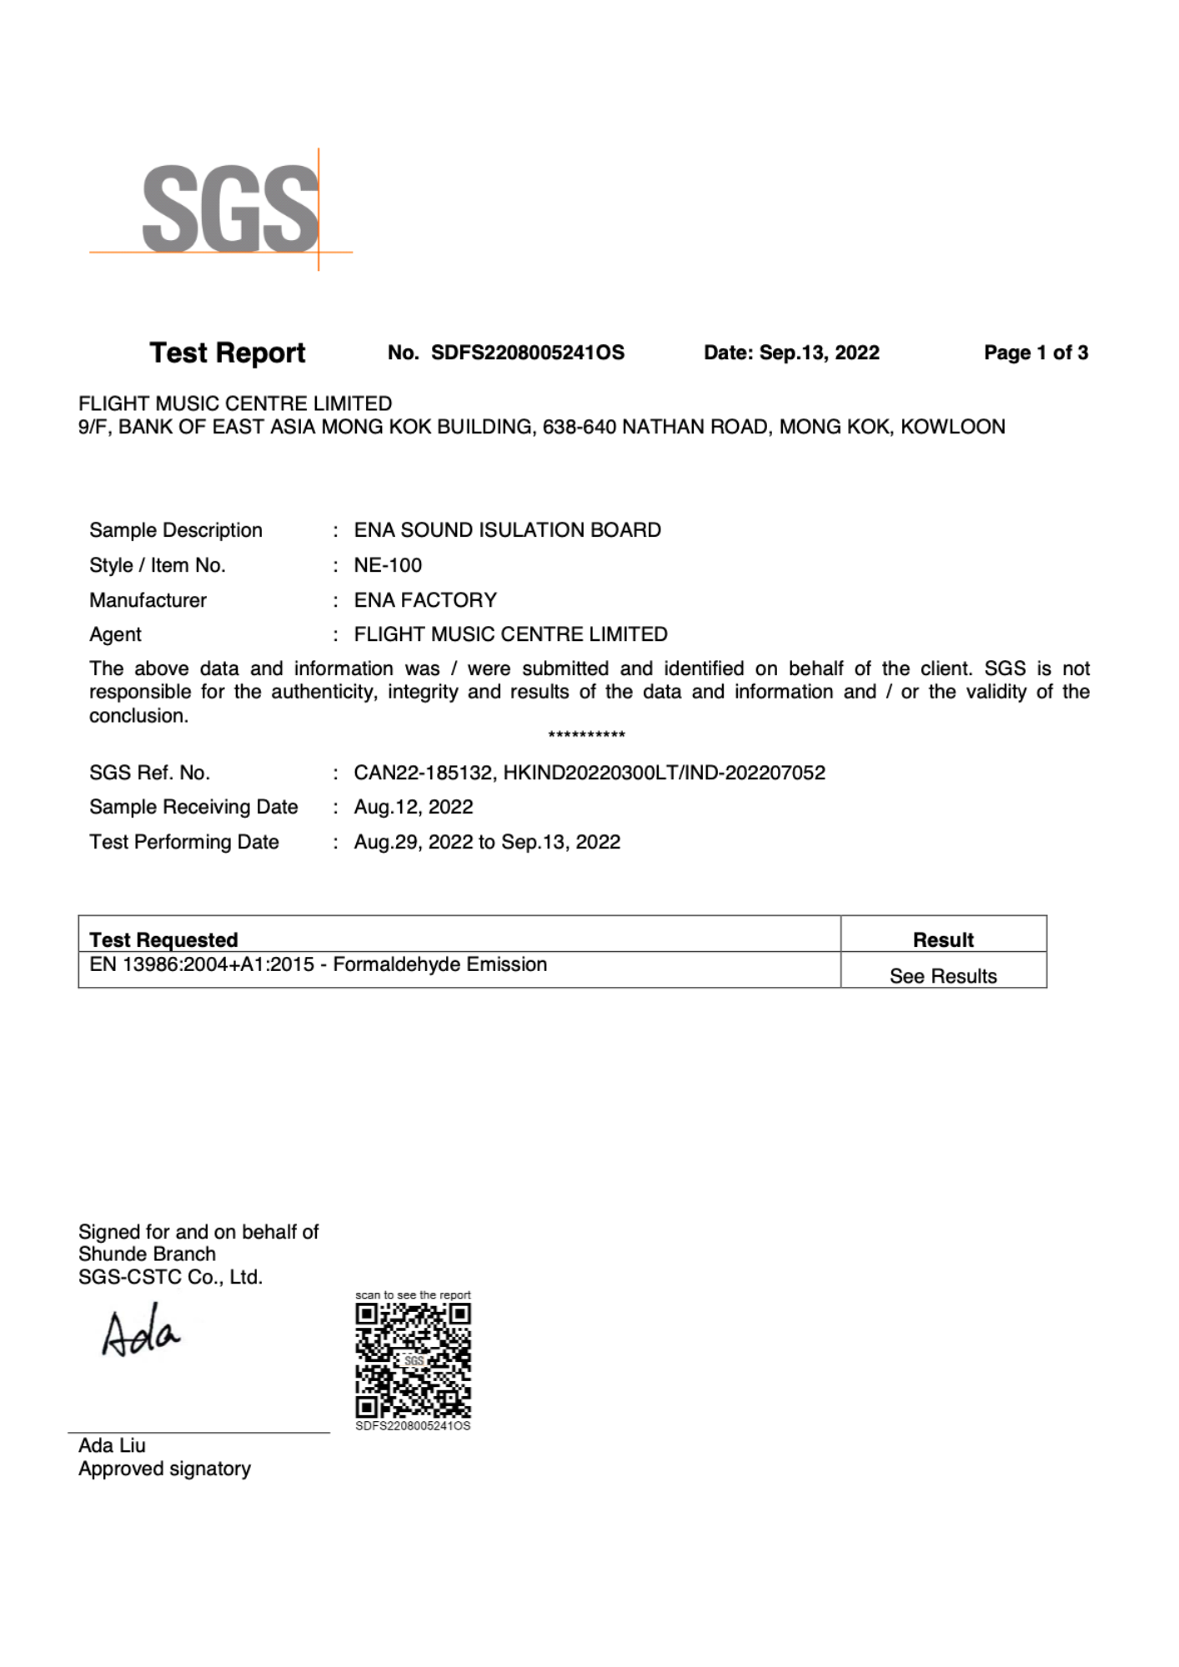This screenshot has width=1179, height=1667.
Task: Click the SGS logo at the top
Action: click(x=229, y=208)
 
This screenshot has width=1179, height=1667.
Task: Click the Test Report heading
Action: click(x=227, y=353)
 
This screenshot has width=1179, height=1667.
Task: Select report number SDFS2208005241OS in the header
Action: click(x=527, y=353)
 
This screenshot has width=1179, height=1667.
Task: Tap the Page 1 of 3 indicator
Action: click(x=1036, y=353)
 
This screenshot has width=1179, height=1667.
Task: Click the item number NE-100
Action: click(x=388, y=565)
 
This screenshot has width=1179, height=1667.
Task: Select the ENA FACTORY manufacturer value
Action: click(x=425, y=600)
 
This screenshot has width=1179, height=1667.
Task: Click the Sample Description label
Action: click(x=176, y=530)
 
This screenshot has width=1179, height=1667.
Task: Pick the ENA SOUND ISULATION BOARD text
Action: click(x=507, y=530)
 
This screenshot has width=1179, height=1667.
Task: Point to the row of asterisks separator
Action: click(x=586, y=735)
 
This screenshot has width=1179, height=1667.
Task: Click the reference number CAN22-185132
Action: click(x=424, y=773)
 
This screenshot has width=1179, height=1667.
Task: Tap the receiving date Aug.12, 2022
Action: click(x=414, y=807)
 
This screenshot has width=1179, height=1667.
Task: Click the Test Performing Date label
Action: click(x=184, y=842)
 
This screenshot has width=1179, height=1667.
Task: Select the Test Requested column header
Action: click(x=163, y=939)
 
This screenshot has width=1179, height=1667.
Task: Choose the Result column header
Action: click(x=943, y=939)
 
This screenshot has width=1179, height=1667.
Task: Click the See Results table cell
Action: click(x=943, y=976)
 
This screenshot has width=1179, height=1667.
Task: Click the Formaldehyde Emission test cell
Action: click(x=319, y=964)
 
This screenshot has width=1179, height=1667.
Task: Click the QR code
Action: click(x=413, y=1360)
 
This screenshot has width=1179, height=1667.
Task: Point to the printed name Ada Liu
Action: click(x=112, y=1445)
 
